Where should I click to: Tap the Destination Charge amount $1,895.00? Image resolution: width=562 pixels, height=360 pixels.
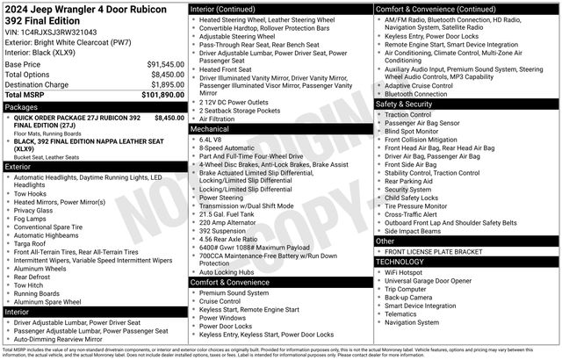click(162, 84)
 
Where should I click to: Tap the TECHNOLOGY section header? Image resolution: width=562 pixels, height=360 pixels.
click(405, 262)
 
